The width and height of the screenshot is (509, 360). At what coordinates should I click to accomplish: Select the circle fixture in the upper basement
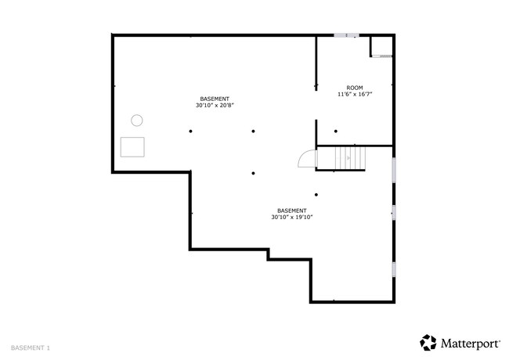(x=137, y=120)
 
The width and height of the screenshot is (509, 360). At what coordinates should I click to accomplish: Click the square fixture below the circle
(x=133, y=146)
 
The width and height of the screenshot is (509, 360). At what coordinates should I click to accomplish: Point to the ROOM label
(x=355, y=88)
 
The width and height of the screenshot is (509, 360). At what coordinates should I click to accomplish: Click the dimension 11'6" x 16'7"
(x=355, y=94)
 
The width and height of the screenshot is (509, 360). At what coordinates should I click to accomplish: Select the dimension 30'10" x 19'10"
(x=292, y=217)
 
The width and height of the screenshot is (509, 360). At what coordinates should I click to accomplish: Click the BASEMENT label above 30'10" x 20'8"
(x=214, y=99)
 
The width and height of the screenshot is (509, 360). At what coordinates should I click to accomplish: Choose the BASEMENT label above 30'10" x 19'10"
(x=292, y=211)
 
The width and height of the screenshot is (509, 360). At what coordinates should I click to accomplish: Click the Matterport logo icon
(x=428, y=342)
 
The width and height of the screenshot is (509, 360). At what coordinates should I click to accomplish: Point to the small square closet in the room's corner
(x=381, y=48)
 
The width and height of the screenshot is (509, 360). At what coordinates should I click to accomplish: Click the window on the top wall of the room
(x=345, y=35)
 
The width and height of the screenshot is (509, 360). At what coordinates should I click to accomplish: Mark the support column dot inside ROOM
(x=336, y=131)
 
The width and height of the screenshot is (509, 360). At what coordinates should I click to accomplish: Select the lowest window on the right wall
(x=394, y=268)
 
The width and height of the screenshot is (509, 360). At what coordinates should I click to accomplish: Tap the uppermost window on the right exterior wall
(x=394, y=168)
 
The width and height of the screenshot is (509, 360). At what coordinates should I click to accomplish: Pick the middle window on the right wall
(x=394, y=212)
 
